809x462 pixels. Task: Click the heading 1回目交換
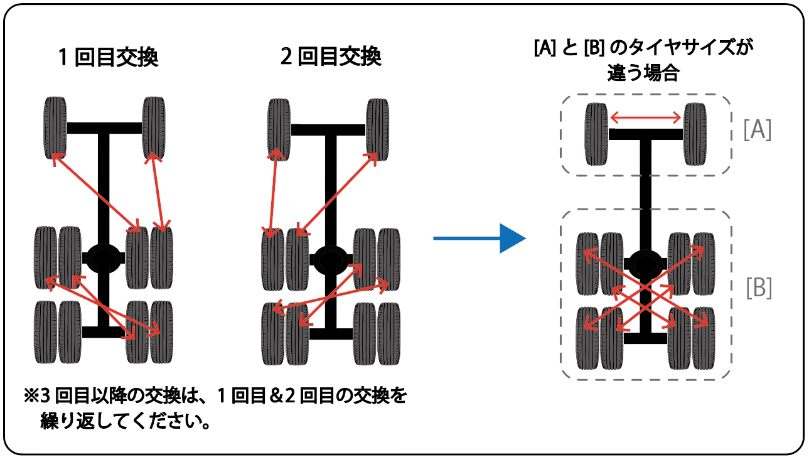pyautogui.click(x=108, y=58)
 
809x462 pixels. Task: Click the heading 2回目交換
pyautogui.click(x=331, y=58)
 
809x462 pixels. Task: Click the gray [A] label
pyautogui.click(x=757, y=131)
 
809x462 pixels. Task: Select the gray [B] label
pyautogui.click(x=759, y=288)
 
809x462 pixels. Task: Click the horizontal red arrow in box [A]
pyautogui.click(x=646, y=117)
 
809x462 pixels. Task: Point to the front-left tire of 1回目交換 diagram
pyautogui.click(x=55, y=127)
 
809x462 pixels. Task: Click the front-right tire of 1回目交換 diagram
pyautogui.click(x=153, y=127)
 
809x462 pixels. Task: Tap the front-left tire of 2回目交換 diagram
pyautogui.click(x=279, y=129)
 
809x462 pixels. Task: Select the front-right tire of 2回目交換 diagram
pyautogui.click(x=377, y=129)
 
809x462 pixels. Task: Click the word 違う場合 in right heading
pyautogui.click(x=643, y=73)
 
